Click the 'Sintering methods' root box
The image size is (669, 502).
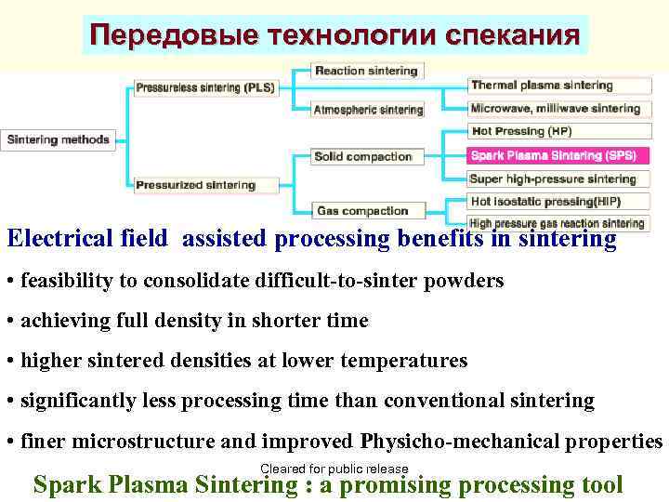coord(59,140)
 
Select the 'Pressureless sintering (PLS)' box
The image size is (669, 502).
coord(204,87)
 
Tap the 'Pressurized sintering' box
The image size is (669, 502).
coord(195,185)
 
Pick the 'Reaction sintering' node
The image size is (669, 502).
coord(366,71)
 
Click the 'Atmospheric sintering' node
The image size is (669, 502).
coord(368,110)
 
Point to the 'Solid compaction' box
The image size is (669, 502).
coord(362,156)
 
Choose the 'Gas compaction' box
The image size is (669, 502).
coord(361,211)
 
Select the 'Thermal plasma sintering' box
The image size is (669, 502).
coord(542,86)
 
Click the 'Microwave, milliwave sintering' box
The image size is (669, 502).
coord(556,109)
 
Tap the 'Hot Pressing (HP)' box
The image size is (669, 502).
coord(521,131)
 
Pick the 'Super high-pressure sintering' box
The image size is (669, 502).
coord(553,178)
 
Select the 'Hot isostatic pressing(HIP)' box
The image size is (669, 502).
coord(545,201)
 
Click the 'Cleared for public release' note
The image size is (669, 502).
coord(334,469)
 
